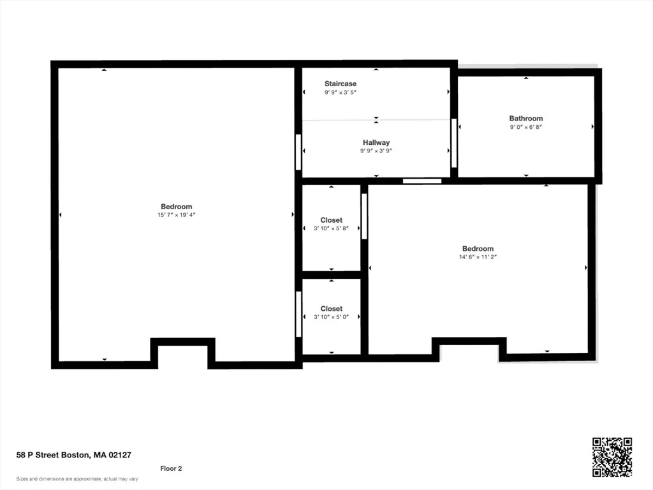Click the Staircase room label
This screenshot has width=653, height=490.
click(x=341, y=84)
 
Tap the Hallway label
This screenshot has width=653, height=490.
click(x=376, y=142)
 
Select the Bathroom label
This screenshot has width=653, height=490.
click(x=526, y=118)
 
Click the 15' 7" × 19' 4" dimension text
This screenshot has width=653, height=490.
click(x=176, y=215)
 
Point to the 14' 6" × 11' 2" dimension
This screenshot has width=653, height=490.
click(x=478, y=257)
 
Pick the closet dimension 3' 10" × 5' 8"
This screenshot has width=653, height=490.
click(x=331, y=228)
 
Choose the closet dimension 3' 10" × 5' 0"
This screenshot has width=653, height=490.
click(x=331, y=317)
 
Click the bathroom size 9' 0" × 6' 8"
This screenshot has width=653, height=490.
click(x=526, y=127)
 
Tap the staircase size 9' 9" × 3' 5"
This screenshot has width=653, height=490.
click(x=341, y=93)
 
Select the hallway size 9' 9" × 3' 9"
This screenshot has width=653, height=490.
click(x=376, y=151)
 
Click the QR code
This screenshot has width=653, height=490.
click(x=612, y=457)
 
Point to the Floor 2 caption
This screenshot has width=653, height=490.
click(x=171, y=469)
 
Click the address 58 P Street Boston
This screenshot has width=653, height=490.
click(x=52, y=455)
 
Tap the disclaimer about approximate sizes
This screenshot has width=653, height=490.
click(x=77, y=479)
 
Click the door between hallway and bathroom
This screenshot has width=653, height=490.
click(x=454, y=143)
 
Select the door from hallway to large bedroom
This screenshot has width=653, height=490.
click(x=298, y=152)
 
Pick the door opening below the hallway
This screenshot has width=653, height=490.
click(x=422, y=181)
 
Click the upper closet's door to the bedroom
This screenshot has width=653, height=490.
click(x=364, y=216)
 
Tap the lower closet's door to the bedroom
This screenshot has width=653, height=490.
click(x=298, y=314)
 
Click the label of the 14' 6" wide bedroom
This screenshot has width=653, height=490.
click(x=478, y=249)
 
